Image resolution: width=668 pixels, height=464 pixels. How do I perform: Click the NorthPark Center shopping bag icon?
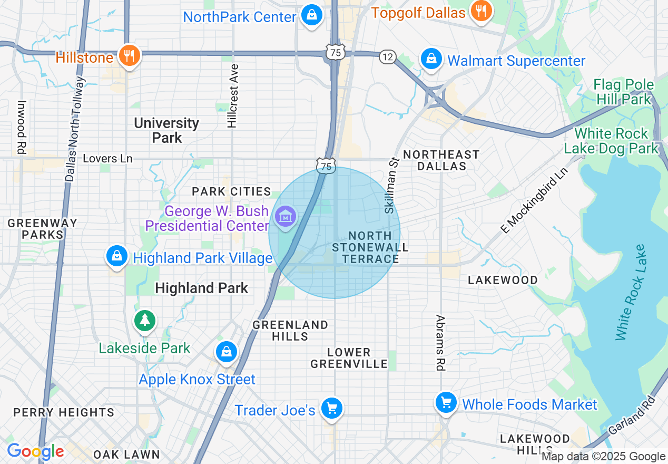pyautogui.click(x=312, y=15)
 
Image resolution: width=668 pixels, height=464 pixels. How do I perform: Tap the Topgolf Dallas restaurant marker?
pyautogui.click(x=480, y=11)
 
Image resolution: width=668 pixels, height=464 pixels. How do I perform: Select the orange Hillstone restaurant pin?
pyautogui.click(x=128, y=55)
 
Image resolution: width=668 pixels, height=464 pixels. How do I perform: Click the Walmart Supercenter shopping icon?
pyautogui.click(x=431, y=59)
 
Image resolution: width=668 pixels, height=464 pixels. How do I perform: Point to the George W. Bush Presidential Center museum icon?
pyautogui.click(x=286, y=217)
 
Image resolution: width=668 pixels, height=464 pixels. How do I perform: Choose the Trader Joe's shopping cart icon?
pyautogui.click(x=332, y=409)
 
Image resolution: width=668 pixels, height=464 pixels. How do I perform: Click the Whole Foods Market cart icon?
pyautogui.click(x=446, y=403)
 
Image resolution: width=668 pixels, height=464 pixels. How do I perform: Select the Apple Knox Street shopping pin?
pyautogui.click(x=227, y=352)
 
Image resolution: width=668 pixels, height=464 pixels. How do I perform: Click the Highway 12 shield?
pyautogui.click(x=387, y=57)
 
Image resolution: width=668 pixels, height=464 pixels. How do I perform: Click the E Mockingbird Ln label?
pyautogui.click(x=534, y=200)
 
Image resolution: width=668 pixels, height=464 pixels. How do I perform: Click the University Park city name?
pyautogui.click(x=166, y=130)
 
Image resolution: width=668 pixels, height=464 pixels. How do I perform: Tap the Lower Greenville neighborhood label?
pyautogui.click(x=349, y=358)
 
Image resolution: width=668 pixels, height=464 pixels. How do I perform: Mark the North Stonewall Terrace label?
pyautogui.click(x=370, y=247)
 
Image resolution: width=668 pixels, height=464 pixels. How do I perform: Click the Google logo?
pyautogui.click(x=35, y=451)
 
